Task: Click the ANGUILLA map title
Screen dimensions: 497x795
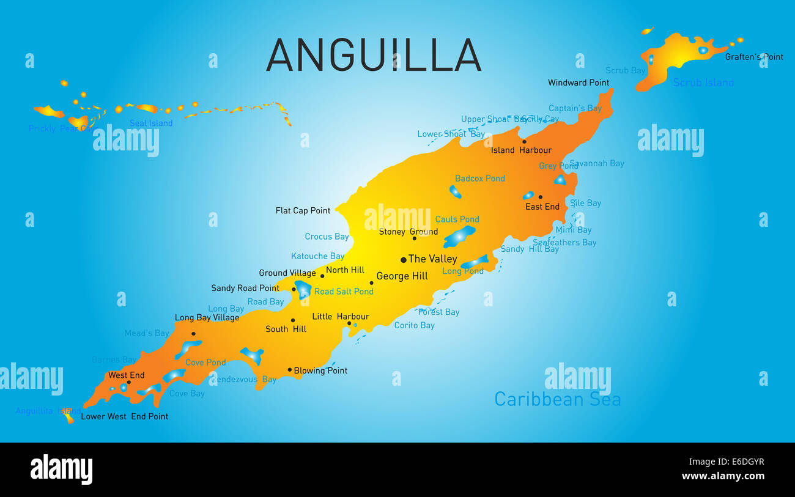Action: tap(374, 55)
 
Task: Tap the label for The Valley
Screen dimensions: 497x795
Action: tap(432, 259)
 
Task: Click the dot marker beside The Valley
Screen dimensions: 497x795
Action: tap(404, 260)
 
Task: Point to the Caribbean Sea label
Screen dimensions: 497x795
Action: tap(557, 399)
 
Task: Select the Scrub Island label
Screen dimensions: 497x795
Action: tap(703, 83)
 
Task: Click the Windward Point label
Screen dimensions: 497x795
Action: tap(578, 83)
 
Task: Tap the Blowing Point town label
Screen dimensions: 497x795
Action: tap(320, 370)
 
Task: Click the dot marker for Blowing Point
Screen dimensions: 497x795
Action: tap(290, 369)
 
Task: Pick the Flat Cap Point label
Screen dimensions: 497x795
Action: tap(303, 210)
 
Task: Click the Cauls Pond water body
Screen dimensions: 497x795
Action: tap(459, 236)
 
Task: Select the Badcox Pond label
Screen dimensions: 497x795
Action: tap(479, 179)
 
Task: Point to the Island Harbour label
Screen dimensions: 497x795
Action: tap(521, 150)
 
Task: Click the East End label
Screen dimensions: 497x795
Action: tap(542, 207)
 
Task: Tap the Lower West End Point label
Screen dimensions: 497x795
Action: tap(124, 416)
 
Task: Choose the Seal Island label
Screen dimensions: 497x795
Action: tap(151, 123)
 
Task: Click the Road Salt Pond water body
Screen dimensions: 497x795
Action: tap(303, 289)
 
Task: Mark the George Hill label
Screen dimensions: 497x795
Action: tap(402, 276)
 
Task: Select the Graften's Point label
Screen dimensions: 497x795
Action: tap(753, 57)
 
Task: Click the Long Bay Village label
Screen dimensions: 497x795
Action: tap(207, 318)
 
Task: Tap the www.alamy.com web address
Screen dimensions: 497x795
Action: tap(723, 476)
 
